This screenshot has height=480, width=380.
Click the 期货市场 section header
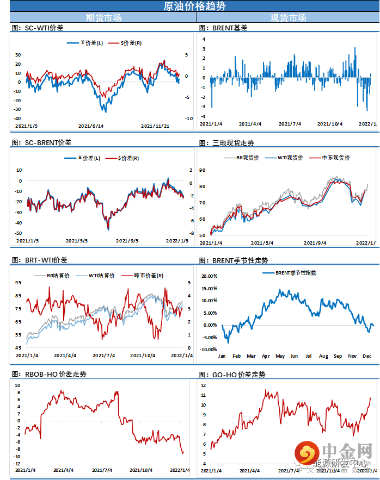[x=103, y=18]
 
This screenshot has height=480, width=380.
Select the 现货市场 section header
[x=288, y=18]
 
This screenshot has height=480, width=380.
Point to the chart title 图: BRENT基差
[x=223, y=27]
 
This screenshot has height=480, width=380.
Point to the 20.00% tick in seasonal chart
[x=209, y=276]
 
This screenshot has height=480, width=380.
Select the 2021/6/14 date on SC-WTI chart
[x=91, y=126]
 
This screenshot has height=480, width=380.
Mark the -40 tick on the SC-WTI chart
[x=18, y=119]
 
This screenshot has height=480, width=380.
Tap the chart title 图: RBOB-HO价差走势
[x=49, y=374]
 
